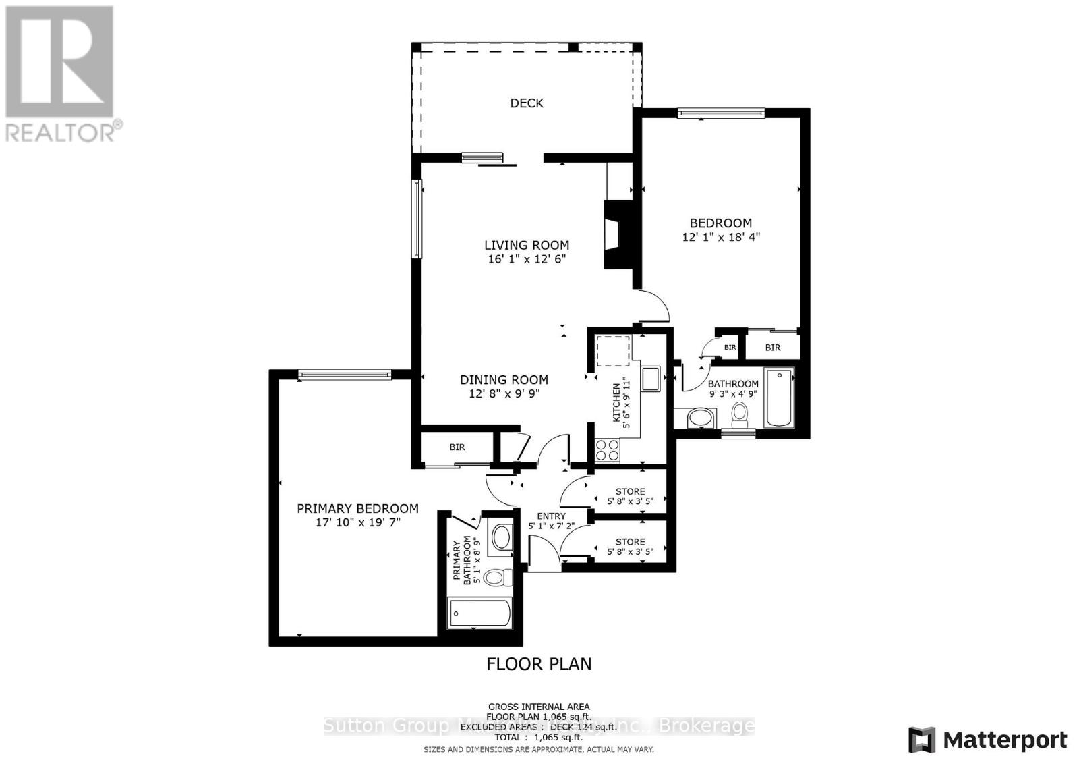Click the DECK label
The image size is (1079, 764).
[526, 103]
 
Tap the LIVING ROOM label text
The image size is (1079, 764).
[526, 245]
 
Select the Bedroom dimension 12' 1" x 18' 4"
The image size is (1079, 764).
[721, 237]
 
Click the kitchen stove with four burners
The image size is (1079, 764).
[608, 449]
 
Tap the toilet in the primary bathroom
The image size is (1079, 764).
[498, 578]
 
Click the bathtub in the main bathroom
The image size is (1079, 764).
[779, 398]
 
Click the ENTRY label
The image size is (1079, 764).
[551, 516]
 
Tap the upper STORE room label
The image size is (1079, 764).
[630, 491]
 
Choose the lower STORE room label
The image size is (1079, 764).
[630, 541]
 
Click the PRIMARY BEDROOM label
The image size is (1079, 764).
[357, 508]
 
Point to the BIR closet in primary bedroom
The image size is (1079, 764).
[457, 447]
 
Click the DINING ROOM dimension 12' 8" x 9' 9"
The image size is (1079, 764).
[504, 393]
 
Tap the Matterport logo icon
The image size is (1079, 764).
[922, 740]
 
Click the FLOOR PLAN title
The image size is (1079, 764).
[539, 663]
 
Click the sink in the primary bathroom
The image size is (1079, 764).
[501, 538]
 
